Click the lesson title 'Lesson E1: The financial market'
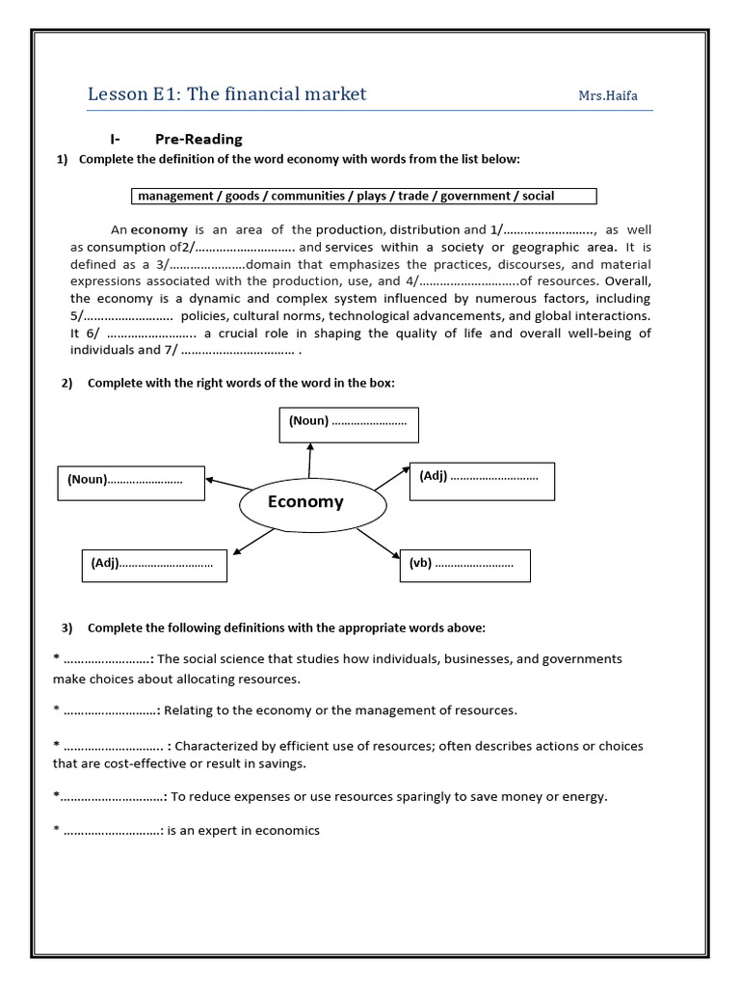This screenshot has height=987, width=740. click(226, 93)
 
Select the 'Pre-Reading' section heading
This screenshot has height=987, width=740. click(198, 139)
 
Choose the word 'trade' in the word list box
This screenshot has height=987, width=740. click(413, 196)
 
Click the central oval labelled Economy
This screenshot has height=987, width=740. click(304, 502)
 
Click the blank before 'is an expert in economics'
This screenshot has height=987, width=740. click(113, 831)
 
